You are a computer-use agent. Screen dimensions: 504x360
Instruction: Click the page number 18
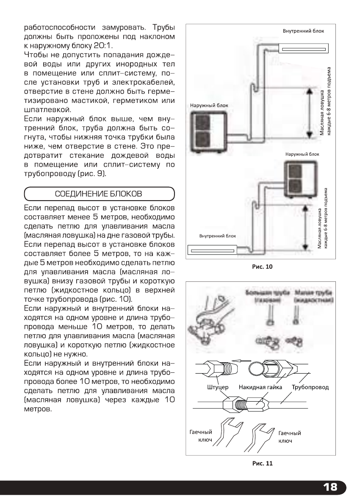pos(330,487)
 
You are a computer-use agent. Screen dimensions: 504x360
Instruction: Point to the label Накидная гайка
pos(258,387)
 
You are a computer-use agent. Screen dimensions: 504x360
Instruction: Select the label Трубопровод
pos(310,387)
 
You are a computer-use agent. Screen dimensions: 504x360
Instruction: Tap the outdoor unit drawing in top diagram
pos(206,131)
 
